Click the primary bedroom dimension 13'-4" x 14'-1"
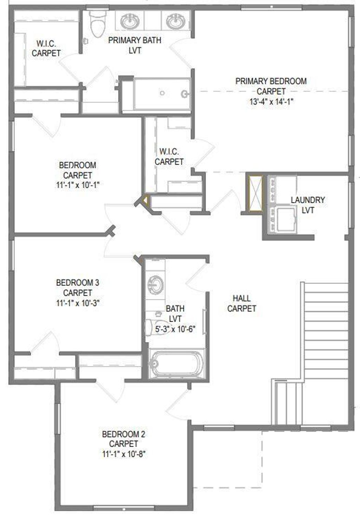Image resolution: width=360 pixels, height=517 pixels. coord(271,102)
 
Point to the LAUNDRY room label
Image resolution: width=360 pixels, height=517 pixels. coord(308,200)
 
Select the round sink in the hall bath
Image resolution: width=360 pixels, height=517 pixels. coord(155,284)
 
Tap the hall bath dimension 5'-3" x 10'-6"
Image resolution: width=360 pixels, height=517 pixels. coord(175,329)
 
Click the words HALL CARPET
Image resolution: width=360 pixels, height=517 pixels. coord(242,303)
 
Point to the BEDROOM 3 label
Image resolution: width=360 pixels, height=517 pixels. coord(78,282)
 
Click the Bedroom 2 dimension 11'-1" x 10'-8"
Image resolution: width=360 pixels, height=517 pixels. coord(124,454)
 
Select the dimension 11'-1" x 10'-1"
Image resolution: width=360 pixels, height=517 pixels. coord(78,185)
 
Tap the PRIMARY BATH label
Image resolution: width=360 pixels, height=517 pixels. coord(135,40)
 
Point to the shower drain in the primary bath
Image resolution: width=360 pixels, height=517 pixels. coord(162,93)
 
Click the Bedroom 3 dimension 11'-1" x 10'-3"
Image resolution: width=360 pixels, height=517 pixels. coord(78,303)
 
